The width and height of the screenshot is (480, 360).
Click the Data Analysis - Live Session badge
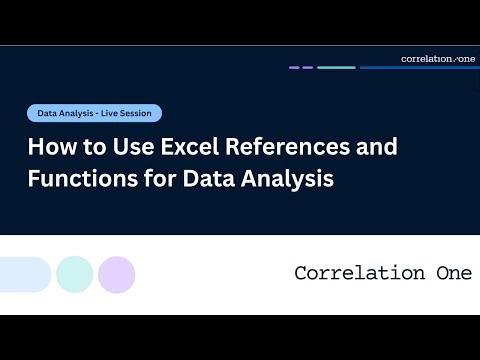tap(94, 114)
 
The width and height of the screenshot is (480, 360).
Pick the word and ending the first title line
tap(376, 146)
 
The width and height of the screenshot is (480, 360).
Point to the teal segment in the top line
tap(336, 68)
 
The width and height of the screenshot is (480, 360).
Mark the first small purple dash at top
tap(294, 68)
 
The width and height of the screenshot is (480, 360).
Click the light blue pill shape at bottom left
tap(23, 274)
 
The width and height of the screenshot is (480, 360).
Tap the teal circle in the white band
tap(74, 274)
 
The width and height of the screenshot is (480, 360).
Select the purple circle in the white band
tap(116, 274)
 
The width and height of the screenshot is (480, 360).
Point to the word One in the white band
tap(452, 274)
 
